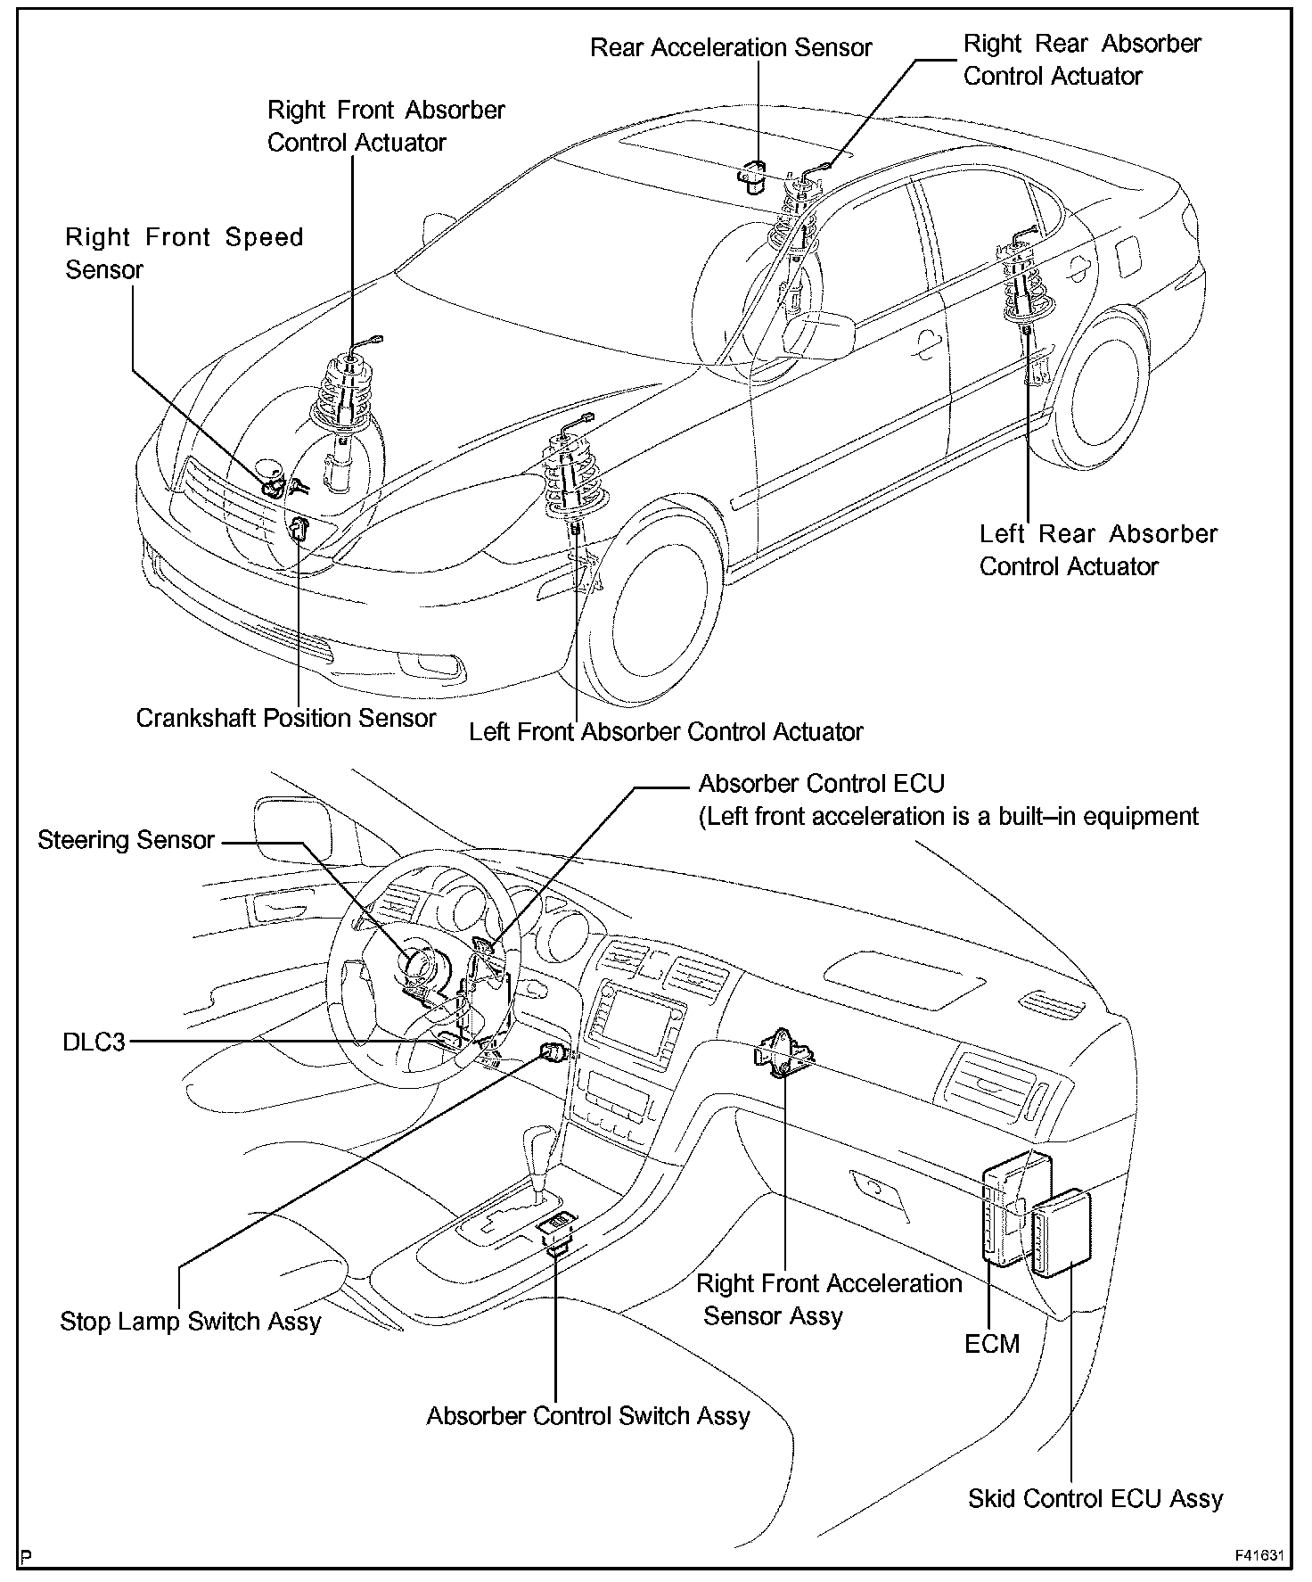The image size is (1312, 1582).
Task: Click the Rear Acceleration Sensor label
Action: [x=731, y=47]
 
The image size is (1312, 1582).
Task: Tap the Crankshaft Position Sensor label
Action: [x=286, y=718]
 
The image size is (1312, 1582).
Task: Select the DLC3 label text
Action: [x=94, y=1042]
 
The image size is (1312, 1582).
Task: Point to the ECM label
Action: [x=991, y=1343]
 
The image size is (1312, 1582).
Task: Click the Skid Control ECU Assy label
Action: [x=1095, y=1498]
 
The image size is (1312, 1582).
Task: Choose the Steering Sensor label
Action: [x=126, y=840]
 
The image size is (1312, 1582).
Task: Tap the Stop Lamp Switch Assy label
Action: [x=190, y=1321]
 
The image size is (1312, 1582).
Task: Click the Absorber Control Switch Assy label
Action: [x=588, y=1416]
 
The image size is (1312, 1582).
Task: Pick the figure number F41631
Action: [x=1259, y=1555]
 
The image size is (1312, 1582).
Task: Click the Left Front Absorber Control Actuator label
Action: [x=666, y=732]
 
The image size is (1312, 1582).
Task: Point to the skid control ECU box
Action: [x=1062, y=1233]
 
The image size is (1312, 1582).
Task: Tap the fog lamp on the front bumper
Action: [x=431, y=664]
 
